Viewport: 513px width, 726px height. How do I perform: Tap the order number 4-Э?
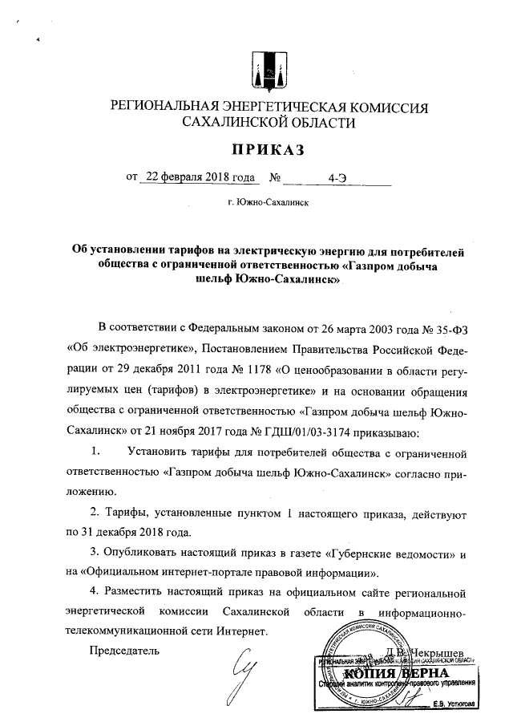coord(337,178)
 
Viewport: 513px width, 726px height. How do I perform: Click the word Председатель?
coord(124,649)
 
